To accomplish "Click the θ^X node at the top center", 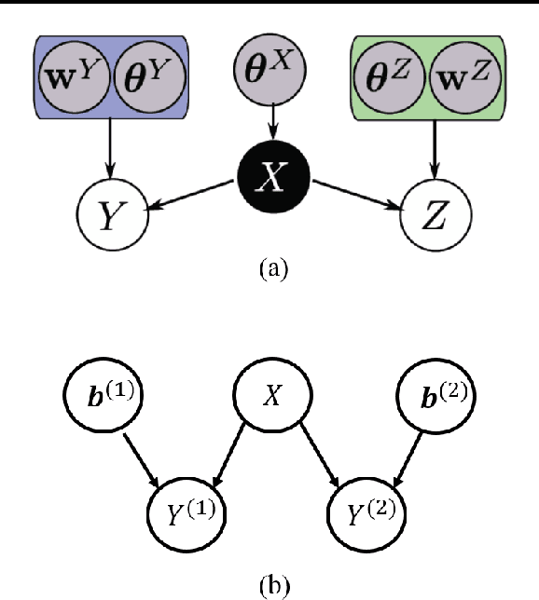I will tap(269, 69).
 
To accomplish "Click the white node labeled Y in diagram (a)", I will tap(111, 217).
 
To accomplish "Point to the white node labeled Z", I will tap(435, 217).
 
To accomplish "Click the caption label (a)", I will tap(271, 270).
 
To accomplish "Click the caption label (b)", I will tap(271, 585).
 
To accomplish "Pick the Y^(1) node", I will tap(187, 511).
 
